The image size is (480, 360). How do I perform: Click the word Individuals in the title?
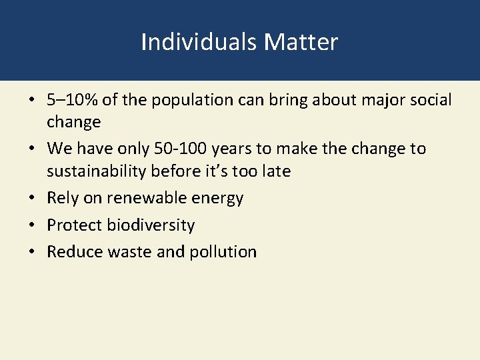click(x=199, y=42)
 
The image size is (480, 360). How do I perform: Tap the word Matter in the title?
click(x=301, y=42)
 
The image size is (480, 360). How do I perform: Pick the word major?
click(x=374, y=101)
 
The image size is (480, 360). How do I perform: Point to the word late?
click(x=275, y=171)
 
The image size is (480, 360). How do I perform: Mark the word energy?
click(x=217, y=199)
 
